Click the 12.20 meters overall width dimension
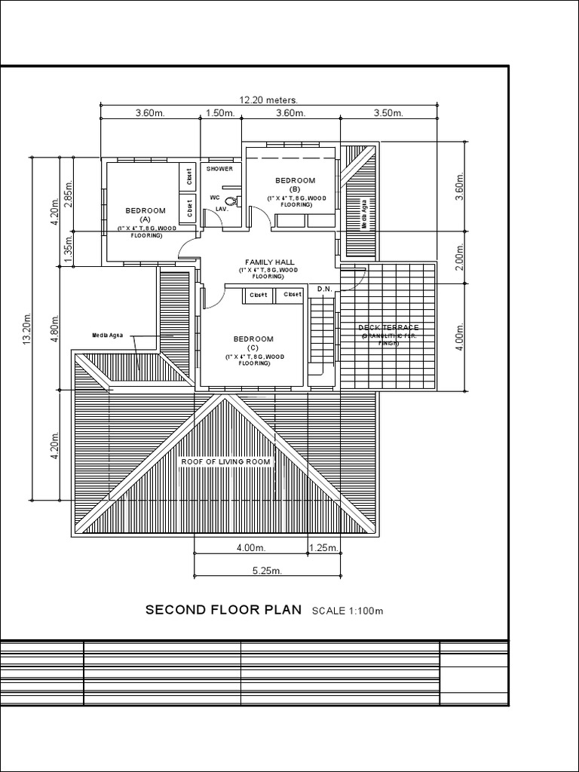coord(269,100)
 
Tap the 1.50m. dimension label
coord(219,113)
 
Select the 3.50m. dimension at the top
coord(388,113)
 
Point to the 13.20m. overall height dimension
coord(28,327)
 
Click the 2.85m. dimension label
coord(69,194)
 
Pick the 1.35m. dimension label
coord(69,249)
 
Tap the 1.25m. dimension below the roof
coord(323,548)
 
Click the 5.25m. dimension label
coord(267,571)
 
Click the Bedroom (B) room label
coord(295,185)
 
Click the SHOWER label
coord(219,169)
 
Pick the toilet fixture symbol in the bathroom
coord(232,201)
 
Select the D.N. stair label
coord(324,289)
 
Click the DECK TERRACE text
coord(388,328)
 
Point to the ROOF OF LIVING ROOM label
coord(225,461)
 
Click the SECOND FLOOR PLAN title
coord(223,609)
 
